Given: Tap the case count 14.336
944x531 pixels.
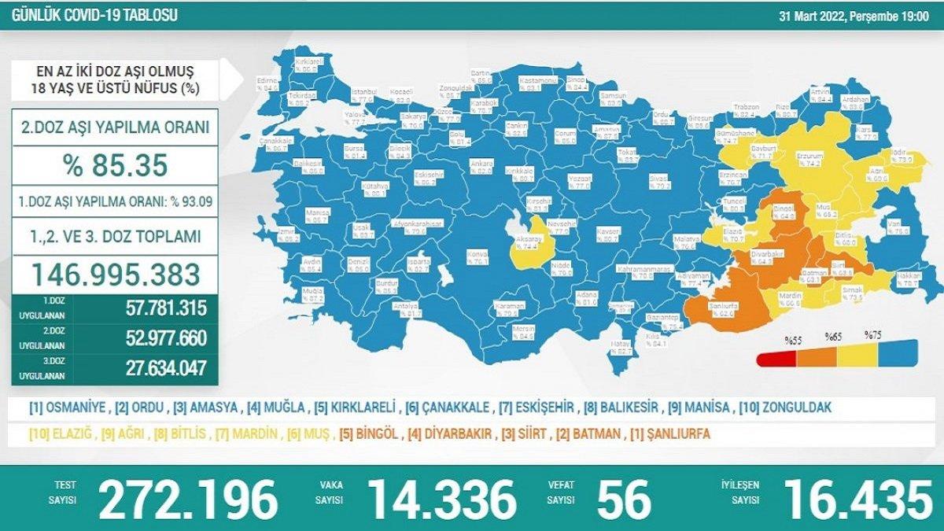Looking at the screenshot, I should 442,499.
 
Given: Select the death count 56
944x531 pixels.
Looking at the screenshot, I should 624,499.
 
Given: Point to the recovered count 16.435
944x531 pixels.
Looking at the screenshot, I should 857,499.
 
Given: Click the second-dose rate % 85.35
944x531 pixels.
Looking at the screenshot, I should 116,165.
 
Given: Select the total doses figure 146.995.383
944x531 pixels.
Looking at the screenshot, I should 116,273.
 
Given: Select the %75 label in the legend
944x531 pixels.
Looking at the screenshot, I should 873,334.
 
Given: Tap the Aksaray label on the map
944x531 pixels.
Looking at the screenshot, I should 528,242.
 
